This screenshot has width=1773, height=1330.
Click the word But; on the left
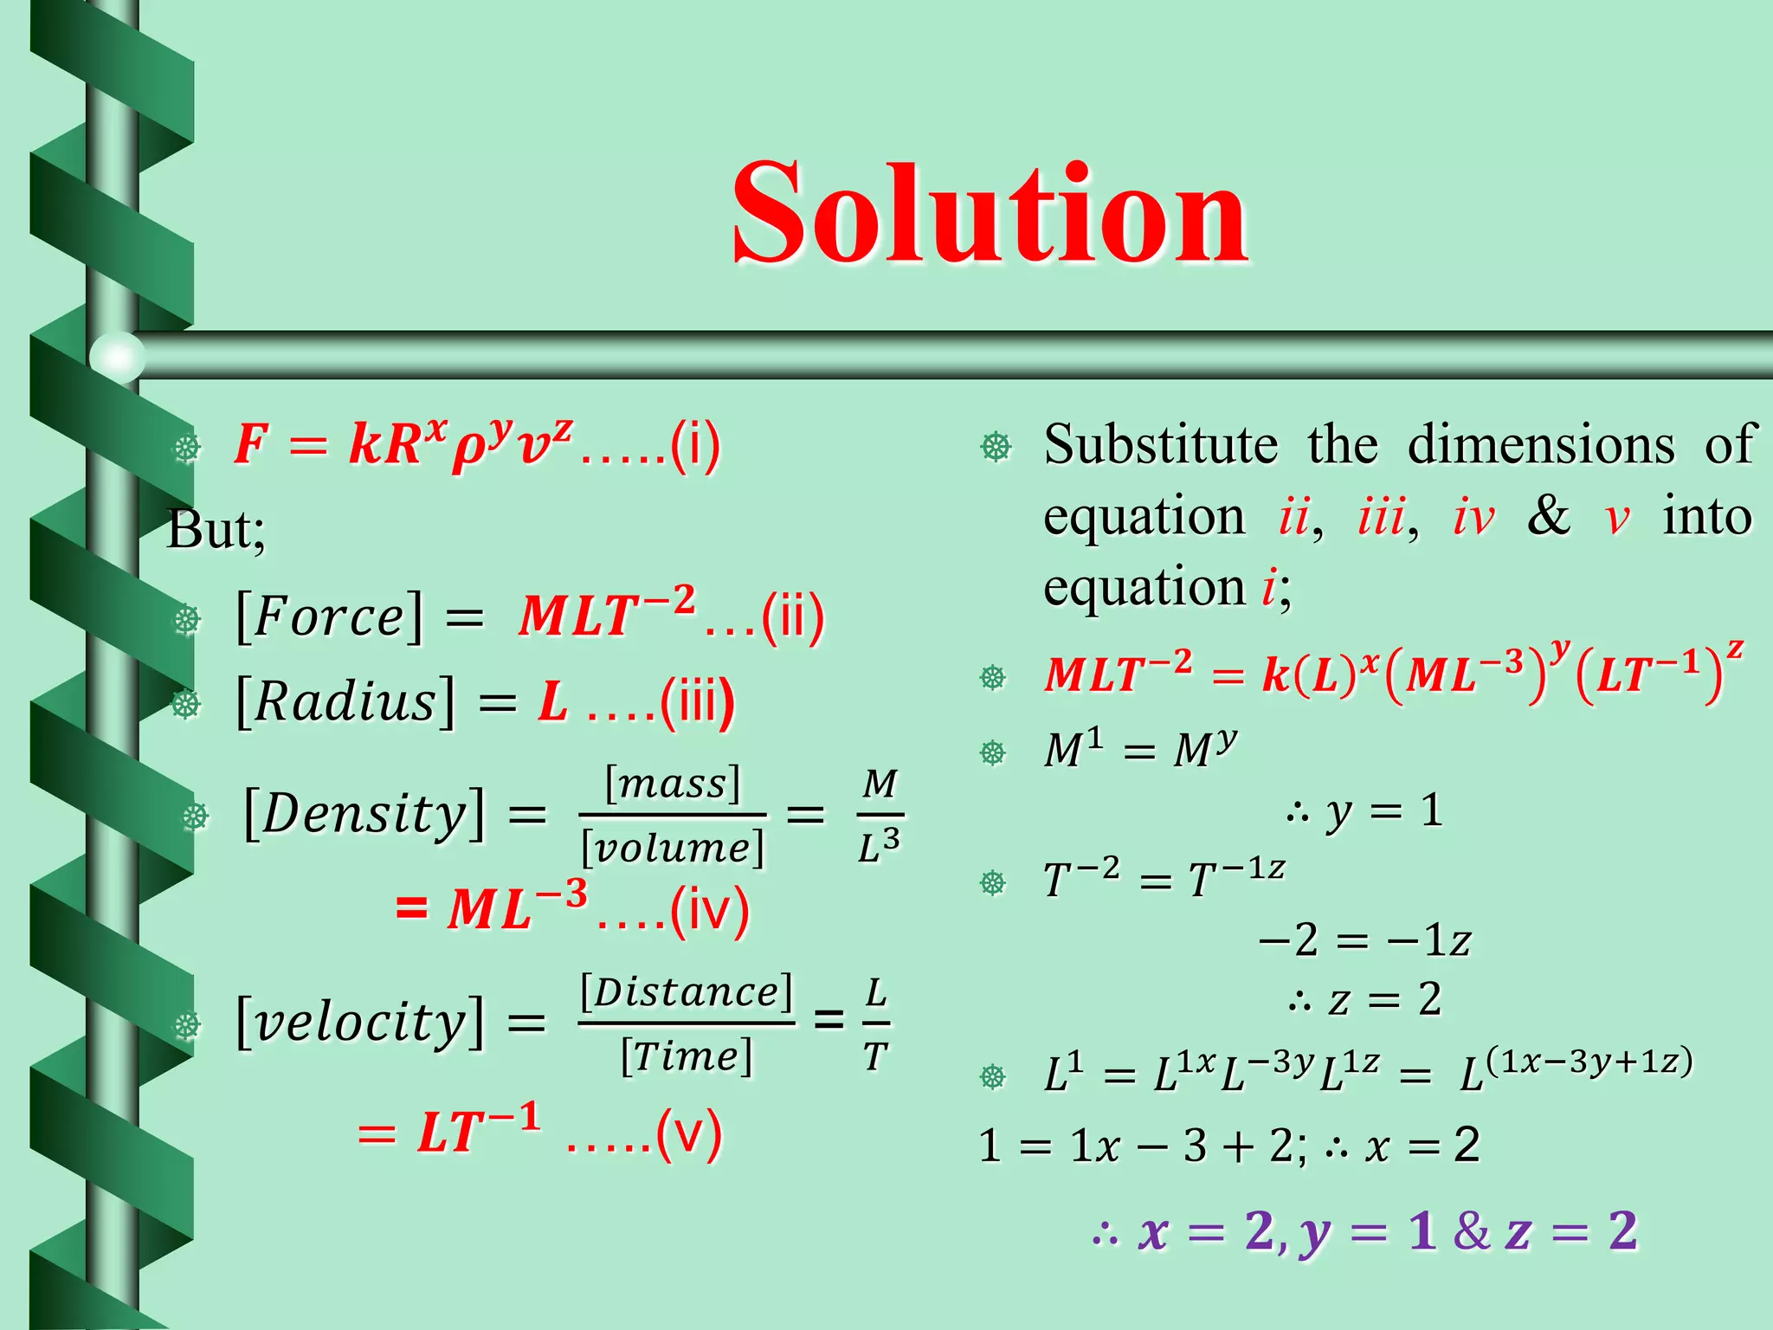[x=216, y=530]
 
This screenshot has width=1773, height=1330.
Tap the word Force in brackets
[x=329, y=617]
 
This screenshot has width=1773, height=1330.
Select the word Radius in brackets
[x=345, y=701]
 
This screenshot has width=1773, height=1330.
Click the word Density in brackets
[x=364, y=814]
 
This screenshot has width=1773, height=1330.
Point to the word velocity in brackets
[x=359, y=1023]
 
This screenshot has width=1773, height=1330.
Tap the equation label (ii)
[x=792, y=617]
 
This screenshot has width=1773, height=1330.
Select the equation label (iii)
[x=697, y=701]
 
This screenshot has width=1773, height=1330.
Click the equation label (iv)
[x=710, y=912]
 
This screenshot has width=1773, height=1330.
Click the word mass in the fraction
[x=673, y=784]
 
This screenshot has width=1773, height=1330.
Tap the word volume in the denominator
[x=673, y=847]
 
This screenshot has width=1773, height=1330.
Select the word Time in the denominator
[x=687, y=1056]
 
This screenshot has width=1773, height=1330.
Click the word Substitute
[x=1160, y=445]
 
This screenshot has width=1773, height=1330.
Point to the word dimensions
[x=1541, y=445]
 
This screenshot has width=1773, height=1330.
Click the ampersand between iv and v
[x=1549, y=516]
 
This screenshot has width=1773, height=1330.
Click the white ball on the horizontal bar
[x=116, y=356]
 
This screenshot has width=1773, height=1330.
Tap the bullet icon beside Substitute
[x=996, y=447]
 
